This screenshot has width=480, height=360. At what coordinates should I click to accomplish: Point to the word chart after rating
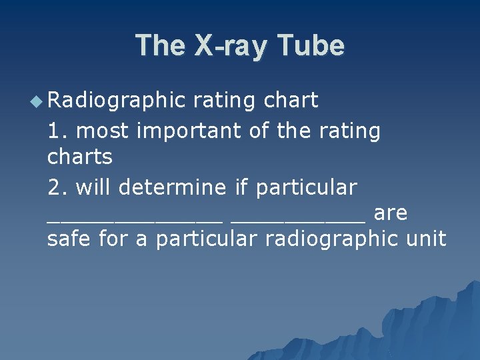click(291, 101)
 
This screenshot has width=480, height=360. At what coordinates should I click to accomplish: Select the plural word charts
click(80, 157)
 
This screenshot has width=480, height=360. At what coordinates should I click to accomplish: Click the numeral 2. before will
click(58, 187)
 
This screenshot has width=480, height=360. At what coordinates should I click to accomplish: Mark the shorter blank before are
click(297, 220)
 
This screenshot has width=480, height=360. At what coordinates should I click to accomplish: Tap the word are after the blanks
click(391, 213)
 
